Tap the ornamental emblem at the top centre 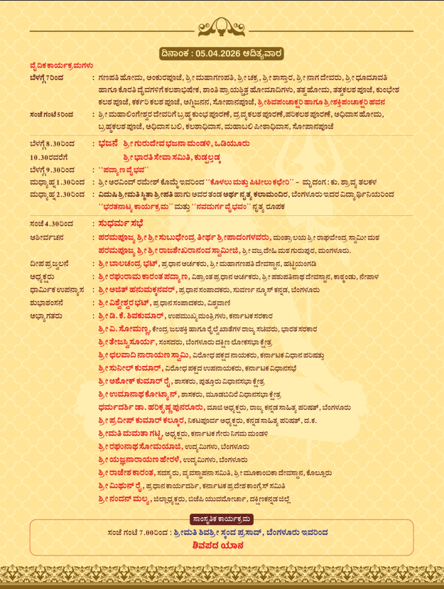click(222, 28)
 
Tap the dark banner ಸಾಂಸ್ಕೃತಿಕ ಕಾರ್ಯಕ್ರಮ click(222, 519)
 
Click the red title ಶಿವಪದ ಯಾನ click(222, 546)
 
